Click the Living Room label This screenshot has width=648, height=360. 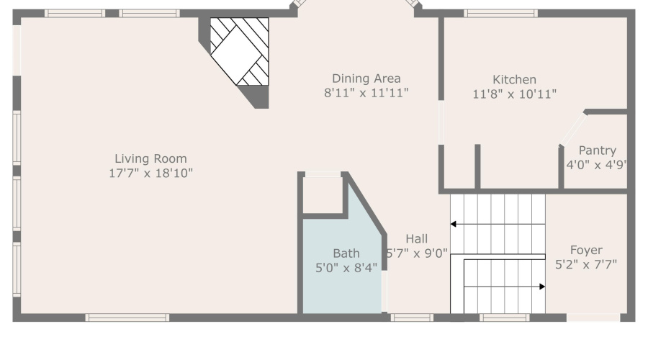(150, 158)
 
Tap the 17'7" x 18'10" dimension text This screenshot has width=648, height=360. (150, 173)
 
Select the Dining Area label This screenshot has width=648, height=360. (366, 78)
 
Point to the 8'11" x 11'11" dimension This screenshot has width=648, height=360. (366, 92)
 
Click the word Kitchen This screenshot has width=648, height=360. (514, 80)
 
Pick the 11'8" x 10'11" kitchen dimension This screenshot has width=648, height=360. (514, 94)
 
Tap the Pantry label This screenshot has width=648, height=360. (597, 150)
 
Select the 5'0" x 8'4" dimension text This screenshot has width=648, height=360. (346, 267)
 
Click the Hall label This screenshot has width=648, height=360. (416, 239)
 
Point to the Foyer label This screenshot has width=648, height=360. (586, 251)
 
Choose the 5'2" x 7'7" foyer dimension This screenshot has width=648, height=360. (586, 264)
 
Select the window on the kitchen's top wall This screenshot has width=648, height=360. (500, 13)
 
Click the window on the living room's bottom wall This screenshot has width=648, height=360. (127, 318)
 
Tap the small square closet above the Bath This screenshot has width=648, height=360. (322, 194)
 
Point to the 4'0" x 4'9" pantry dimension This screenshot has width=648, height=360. (597, 164)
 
